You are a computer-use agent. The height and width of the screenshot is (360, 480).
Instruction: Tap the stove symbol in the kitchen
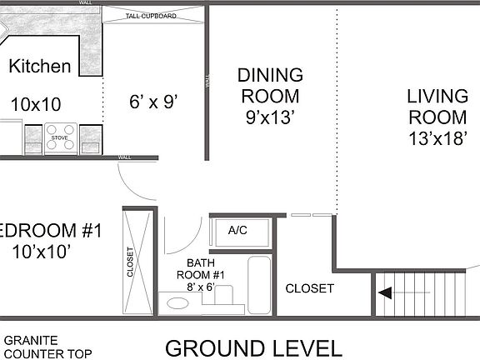click(61, 137)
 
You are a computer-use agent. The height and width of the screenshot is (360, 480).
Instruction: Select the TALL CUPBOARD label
click(151, 15)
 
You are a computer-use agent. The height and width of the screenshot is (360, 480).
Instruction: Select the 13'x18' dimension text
click(437, 137)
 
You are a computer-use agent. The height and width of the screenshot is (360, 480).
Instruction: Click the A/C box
click(237, 231)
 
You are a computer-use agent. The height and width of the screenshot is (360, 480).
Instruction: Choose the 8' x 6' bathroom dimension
click(199, 287)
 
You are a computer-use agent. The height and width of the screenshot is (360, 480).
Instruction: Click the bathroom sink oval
click(177, 303)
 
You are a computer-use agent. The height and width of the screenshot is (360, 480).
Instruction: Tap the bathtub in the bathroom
click(259, 285)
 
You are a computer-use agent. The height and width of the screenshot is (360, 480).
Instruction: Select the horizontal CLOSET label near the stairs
click(309, 289)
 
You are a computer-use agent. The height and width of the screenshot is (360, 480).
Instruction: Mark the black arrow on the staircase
click(386, 293)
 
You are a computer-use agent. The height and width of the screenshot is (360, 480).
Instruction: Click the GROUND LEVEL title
click(252, 347)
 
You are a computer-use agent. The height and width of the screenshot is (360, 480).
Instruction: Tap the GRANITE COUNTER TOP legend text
click(32, 347)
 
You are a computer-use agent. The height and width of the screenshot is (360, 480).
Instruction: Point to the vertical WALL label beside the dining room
click(207, 83)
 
